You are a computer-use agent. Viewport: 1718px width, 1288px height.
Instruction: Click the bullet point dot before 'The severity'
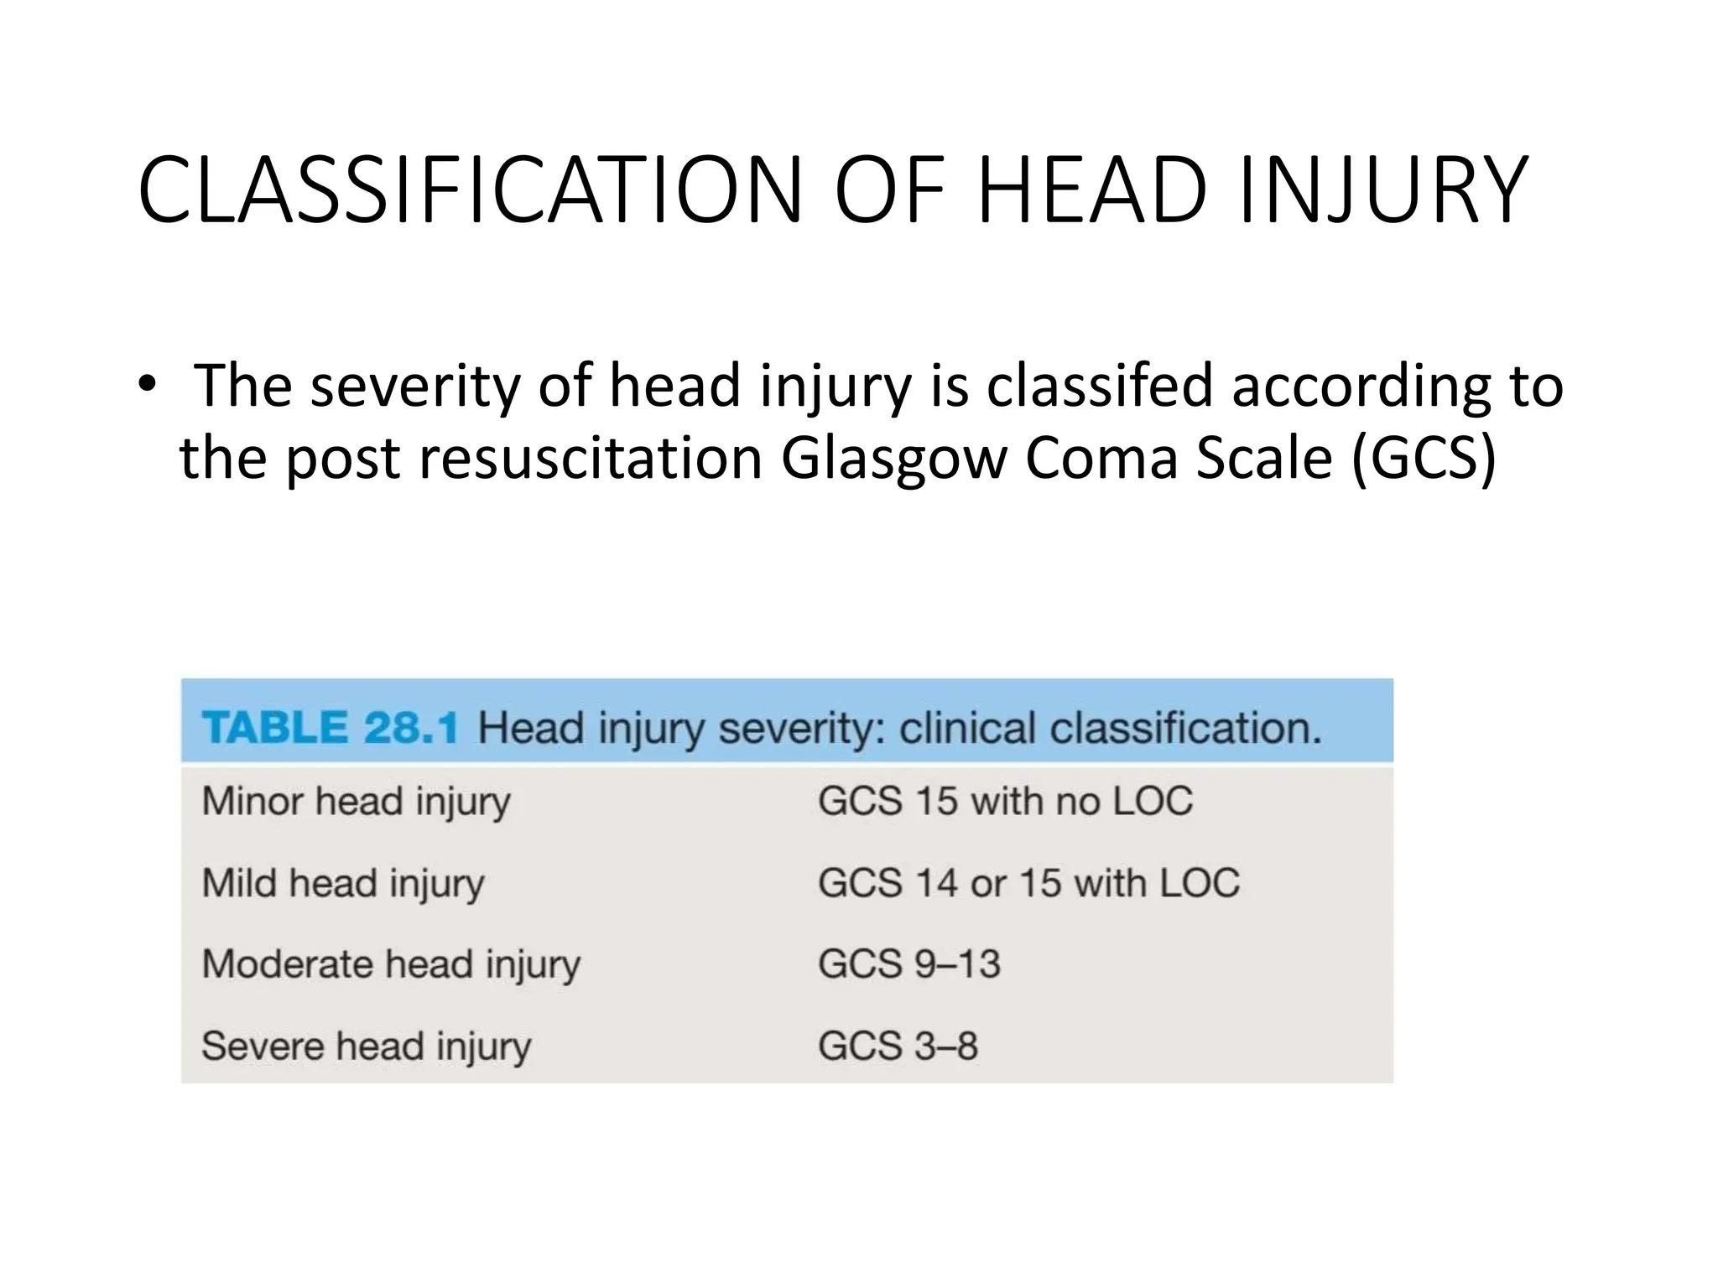pos(148,384)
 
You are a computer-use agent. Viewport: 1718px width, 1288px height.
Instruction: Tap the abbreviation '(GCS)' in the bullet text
pos(1424,460)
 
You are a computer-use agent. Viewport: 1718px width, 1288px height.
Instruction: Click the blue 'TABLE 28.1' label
pos(330,727)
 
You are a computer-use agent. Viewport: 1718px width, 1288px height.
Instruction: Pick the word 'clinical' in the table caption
pos(967,727)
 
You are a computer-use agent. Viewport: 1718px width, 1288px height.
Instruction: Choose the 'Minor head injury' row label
pos(356,802)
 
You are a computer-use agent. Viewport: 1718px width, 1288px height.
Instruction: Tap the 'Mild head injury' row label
pos(343,884)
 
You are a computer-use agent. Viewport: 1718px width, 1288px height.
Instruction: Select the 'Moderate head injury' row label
pos(391,964)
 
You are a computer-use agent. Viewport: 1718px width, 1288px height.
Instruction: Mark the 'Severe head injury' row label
pos(367,1046)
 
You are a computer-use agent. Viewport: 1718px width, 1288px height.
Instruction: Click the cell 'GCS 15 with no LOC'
pos(1005,801)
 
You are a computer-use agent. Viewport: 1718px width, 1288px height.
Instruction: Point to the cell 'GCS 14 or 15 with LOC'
pos(1028,883)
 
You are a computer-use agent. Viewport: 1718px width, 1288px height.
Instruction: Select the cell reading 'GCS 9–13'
pos(909,964)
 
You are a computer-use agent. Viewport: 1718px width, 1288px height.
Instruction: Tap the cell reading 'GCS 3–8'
pos(898,1046)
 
